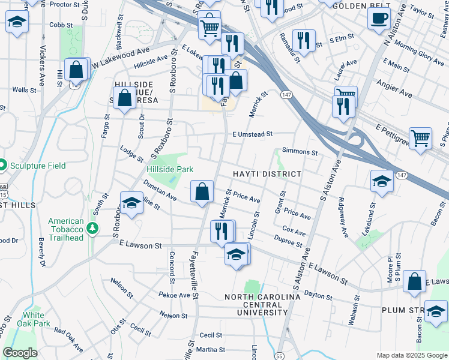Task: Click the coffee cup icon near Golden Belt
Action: [x=379, y=18]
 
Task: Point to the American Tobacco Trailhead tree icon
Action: [x=92, y=228]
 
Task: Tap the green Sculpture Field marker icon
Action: [x=2, y=164]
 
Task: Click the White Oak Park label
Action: [x=33, y=319]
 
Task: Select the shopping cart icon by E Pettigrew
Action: [x=420, y=138]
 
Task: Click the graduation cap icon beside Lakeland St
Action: [x=382, y=180]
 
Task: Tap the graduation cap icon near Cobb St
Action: [x=17, y=22]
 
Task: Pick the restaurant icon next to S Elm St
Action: [x=304, y=40]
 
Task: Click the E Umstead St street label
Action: [x=253, y=134]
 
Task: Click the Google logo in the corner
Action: [x=20, y=353]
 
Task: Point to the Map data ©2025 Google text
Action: [x=411, y=355]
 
